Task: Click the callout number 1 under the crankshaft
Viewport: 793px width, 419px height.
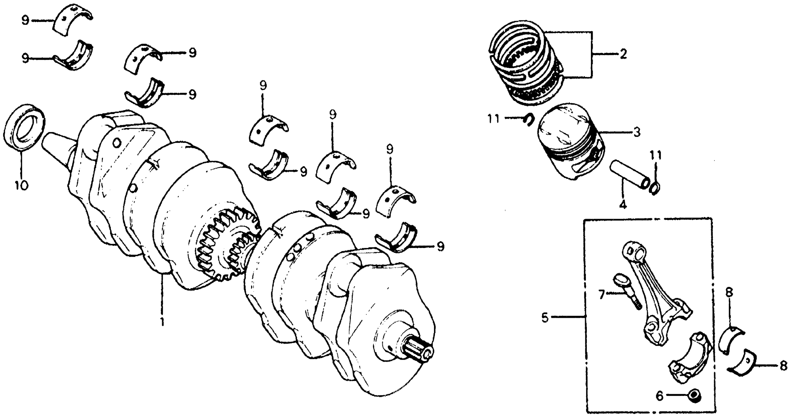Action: [162, 322]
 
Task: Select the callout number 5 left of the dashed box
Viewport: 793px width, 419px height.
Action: [545, 317]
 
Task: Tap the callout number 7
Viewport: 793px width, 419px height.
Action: [601, 295]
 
